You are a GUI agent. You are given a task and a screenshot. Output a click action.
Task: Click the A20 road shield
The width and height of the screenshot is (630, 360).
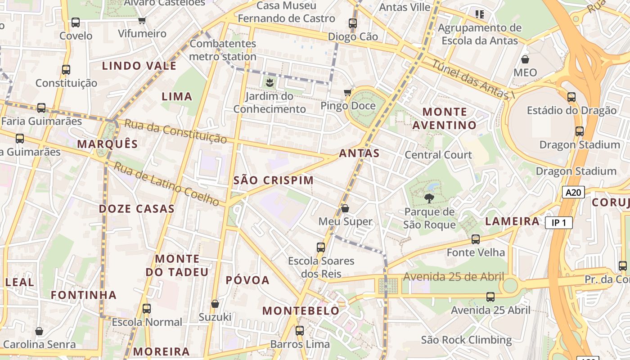573,193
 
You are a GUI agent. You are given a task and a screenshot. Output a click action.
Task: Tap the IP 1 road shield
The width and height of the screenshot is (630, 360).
558,222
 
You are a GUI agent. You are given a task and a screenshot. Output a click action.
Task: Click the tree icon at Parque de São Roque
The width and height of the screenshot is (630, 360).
429,198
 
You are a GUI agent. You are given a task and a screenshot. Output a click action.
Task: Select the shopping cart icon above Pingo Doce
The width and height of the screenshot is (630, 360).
347,93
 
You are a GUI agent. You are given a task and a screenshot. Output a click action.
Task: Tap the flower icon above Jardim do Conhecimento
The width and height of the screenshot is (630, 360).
270,82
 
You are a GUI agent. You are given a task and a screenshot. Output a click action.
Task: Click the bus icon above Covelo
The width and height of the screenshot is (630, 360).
76,22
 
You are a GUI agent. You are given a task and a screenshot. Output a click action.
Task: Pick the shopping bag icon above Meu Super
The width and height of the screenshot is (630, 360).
345,208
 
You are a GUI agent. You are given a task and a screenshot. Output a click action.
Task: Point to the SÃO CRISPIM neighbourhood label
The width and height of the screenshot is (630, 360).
274,180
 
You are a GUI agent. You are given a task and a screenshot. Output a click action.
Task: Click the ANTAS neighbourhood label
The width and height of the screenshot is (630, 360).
359,153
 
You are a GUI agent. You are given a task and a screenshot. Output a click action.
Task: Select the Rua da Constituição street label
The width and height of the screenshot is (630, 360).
175,131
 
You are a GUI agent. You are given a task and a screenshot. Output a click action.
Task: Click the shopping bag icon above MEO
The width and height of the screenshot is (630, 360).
525,59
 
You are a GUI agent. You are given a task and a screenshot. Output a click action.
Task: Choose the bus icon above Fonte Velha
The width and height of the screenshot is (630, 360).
476,239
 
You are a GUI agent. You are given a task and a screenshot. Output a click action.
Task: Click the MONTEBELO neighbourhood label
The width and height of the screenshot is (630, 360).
301,310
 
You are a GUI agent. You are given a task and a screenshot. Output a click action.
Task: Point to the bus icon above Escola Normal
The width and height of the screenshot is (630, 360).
147,309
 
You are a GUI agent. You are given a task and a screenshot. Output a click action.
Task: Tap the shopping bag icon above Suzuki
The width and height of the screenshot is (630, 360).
215,304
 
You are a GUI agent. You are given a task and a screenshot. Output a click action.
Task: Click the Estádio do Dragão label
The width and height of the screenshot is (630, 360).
571,110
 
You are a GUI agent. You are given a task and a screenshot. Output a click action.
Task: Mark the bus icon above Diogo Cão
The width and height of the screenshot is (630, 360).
353,23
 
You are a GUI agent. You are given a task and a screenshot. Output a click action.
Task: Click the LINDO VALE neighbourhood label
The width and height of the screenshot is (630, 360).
139,66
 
